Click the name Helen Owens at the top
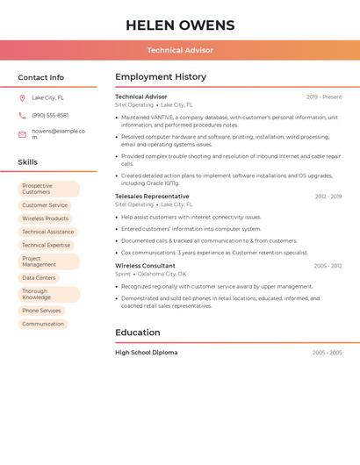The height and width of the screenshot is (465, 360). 180,25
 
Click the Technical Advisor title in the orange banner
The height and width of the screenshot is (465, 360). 180,50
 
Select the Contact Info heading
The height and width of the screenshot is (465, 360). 40,77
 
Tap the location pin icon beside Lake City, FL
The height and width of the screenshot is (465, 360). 22,97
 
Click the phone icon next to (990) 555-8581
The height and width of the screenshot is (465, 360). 22,115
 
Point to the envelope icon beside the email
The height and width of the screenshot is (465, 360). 22,134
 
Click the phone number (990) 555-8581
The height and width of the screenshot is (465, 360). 50,115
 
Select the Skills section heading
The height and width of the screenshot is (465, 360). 27,162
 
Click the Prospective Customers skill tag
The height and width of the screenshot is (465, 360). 48,189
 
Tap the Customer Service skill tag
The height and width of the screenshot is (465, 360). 45,205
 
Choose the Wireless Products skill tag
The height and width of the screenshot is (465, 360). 45,218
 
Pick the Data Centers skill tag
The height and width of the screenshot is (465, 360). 39,277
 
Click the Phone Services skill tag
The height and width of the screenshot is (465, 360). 41,311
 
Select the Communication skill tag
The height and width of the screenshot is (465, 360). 43,324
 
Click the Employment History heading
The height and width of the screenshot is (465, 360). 161,77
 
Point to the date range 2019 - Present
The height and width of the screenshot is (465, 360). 324,97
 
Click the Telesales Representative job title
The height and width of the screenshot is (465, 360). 152,197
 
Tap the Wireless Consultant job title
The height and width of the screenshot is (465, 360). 145,266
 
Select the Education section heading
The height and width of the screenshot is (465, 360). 138,333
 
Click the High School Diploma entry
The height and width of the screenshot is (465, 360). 146,353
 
